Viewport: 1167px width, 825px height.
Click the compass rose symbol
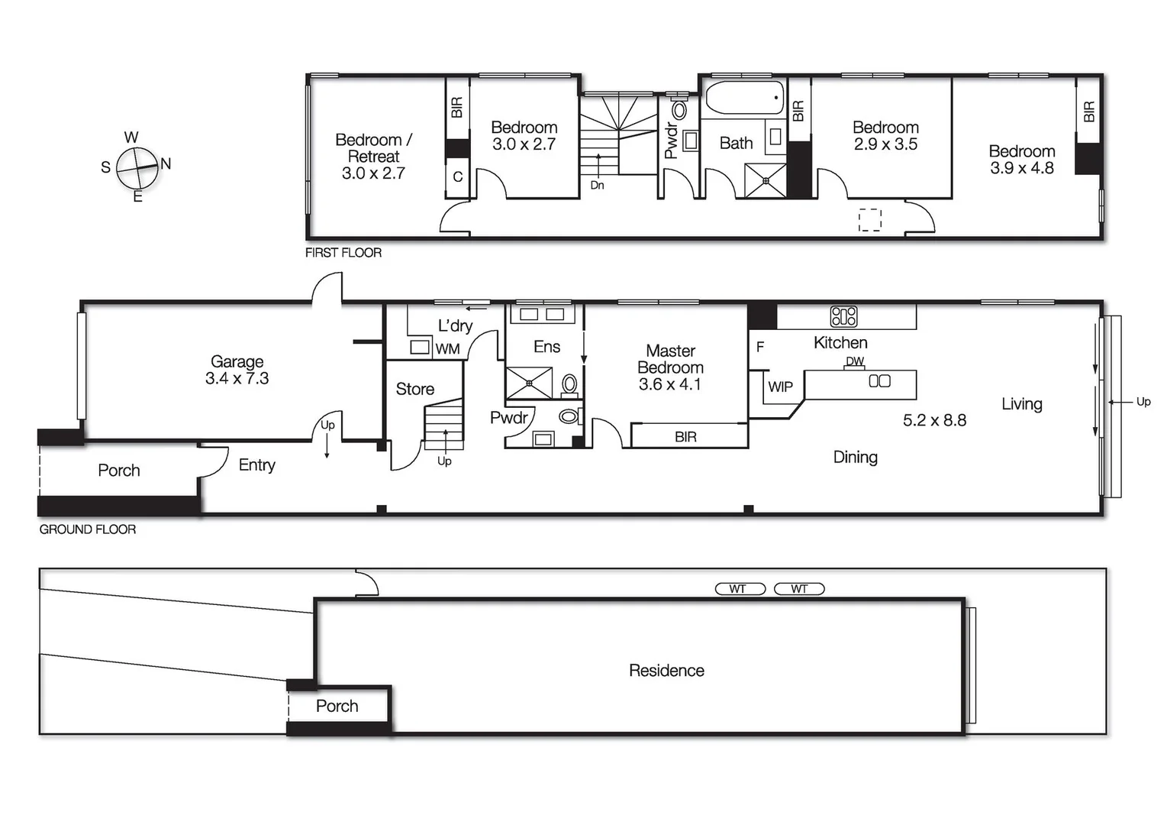pos(137,167)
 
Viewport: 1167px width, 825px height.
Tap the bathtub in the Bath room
pos(744,99)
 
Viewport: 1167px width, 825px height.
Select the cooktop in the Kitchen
pos(843,316)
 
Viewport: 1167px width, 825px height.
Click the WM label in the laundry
pos(447,349)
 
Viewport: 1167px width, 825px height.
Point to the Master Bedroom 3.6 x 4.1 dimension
pos(669,384)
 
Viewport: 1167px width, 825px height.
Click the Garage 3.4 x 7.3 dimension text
pos(237,379)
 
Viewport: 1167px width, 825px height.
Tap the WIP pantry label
pos(780,387)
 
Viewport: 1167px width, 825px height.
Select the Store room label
pos(414,389)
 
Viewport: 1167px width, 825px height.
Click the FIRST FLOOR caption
pos(343,253)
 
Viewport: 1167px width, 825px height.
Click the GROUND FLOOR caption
pos(88,529)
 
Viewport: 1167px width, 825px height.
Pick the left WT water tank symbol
pos(740,589)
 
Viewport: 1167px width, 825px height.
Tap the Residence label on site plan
pos(666,671)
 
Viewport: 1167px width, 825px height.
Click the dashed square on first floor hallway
pos(869,220)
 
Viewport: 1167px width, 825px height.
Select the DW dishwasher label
pos(855,361)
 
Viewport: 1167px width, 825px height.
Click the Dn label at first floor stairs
pos(597,186)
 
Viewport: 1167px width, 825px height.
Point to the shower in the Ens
pos(529,383)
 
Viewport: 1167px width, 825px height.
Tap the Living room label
pos(1021,404)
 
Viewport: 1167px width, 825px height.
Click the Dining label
pos(855,457)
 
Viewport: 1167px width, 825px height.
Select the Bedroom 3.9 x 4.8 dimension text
pos(1021,168)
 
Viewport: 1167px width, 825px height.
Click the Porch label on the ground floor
pos(119,471)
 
